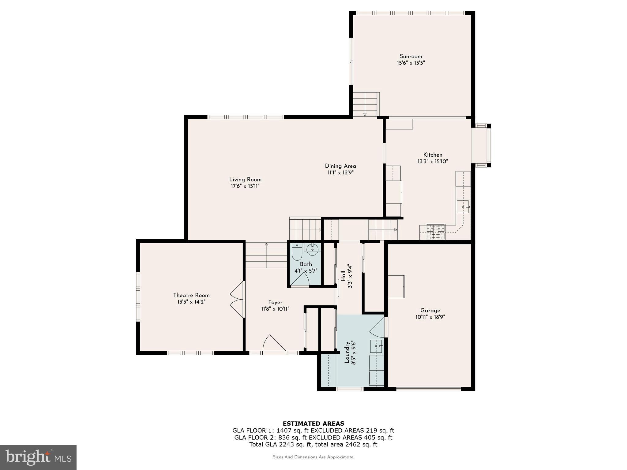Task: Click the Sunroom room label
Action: [x=411, y=56]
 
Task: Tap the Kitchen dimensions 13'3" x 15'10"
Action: [x=433, y=162]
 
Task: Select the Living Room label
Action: [x=245, y=180]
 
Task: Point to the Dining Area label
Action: [x=340, y=166]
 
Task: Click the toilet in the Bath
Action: [x=297, y=252]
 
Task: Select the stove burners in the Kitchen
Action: [x=436, y=232]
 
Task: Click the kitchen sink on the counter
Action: [x=463, y=207]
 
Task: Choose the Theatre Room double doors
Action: [x=238, y=299]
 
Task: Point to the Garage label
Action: [x=430, y=310]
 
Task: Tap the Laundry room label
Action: [x=347, y=352]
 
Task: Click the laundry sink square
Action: [x=377, y=346]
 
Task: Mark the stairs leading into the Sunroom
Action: [x=365, y=104]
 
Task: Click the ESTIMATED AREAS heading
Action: [x=313, y=423]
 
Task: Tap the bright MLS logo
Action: [x=38, y=457]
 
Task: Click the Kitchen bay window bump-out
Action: [x=482, y=146]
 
